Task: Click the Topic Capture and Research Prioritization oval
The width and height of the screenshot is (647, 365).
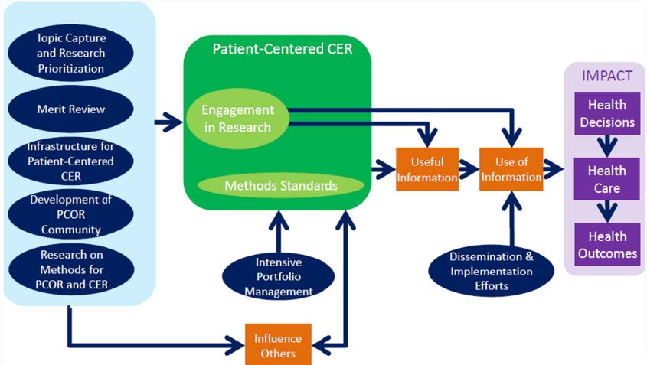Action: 71,52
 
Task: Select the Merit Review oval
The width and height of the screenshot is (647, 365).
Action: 71,109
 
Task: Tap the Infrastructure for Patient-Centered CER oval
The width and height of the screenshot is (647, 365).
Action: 71,161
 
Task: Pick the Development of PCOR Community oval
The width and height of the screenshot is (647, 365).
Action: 71,214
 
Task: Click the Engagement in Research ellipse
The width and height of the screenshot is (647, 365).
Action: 237,119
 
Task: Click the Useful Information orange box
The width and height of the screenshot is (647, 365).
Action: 427,168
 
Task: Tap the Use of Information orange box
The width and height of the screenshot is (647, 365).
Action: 511,168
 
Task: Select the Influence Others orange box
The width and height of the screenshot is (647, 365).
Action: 278,345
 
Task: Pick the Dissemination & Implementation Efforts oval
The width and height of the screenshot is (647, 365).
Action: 491,270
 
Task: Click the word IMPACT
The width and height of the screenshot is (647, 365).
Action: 606,77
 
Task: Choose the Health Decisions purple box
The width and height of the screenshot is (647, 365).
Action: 606,112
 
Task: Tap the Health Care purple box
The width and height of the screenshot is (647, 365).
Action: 606,178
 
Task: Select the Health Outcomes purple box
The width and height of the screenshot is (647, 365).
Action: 606,244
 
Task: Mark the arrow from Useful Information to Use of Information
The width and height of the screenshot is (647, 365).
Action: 469,168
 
